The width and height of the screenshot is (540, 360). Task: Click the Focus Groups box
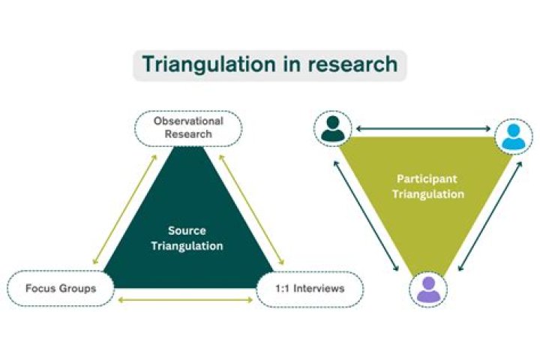tap(60, 288)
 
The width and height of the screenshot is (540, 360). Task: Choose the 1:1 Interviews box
tap(310, 289)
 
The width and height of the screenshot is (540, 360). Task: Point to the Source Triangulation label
tap(187, 238)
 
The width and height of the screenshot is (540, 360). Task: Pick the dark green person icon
tap(331, 129)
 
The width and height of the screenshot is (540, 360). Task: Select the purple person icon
tap(428, 289)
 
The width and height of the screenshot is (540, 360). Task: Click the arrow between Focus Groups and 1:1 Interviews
tap(187, 301)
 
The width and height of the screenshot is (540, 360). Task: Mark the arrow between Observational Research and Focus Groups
tap(124, 208)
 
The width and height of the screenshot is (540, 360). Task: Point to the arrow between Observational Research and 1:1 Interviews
tap(250, 209)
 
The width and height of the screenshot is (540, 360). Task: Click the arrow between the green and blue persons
tap(421, 129)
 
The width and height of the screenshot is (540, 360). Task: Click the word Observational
tap(188, 121)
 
